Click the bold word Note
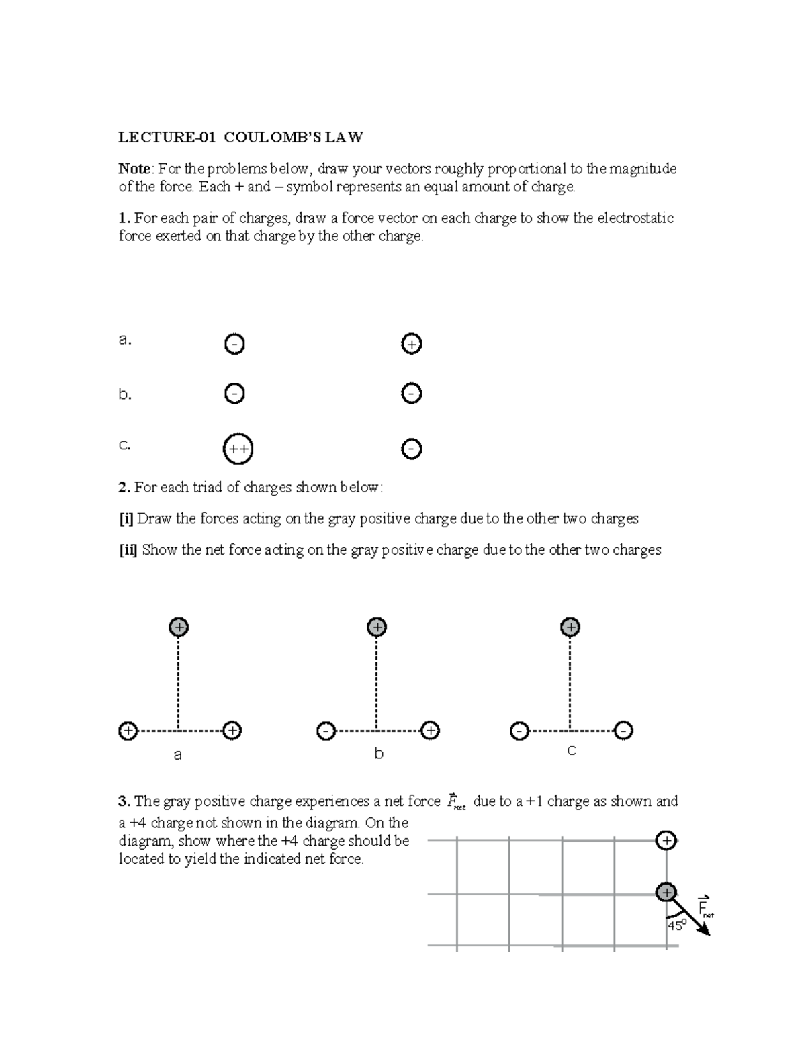134,169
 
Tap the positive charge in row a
411,345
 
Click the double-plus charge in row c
237,449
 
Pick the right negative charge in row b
411,393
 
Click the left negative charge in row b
234,394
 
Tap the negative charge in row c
411,449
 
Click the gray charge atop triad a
178,627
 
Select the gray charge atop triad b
377,627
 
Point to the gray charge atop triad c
570,627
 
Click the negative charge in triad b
325,731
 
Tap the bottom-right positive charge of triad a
232,730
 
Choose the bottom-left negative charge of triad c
519,731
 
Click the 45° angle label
676,925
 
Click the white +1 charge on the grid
666,841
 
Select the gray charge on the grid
666,893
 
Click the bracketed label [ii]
128,550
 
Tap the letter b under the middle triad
379,754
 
